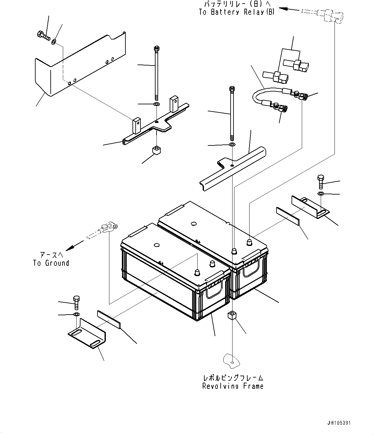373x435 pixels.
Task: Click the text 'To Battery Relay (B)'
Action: click(237, 12)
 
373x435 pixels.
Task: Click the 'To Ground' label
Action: click(51, 263)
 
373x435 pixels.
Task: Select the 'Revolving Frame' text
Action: click(233, 386)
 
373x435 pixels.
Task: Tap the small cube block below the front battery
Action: click(233, 316)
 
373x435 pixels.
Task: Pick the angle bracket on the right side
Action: click(309, 207)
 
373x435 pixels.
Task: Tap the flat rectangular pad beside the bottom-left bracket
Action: click(109, 319)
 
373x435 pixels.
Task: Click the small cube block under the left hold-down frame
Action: click(156, 151)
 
